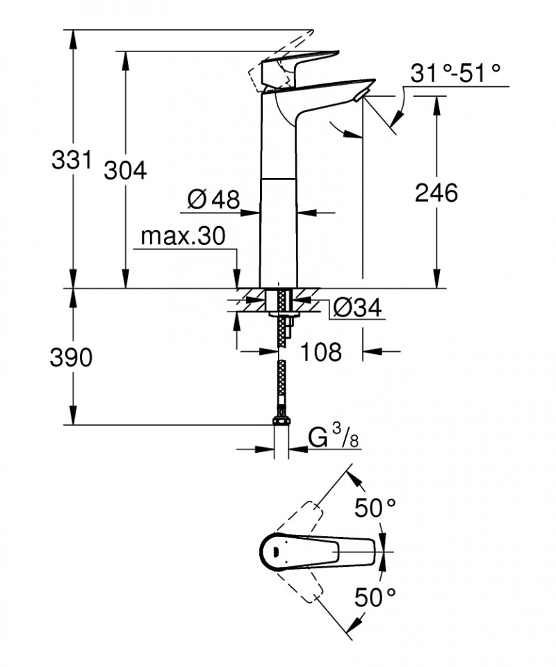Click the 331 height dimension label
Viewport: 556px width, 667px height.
(72, 161)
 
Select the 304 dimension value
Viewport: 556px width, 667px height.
(125, 170)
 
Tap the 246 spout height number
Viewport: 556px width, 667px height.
(436, 193)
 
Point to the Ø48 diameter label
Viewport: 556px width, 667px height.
(213, 200)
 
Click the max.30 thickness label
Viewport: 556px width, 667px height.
(183, 237)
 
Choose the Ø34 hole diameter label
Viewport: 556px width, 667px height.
(357, 307)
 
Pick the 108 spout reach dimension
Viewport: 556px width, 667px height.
(321, 352)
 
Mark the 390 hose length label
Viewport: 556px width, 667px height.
(72, 357)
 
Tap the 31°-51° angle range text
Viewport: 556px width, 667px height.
(456, 72)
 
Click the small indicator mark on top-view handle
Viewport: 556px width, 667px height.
(277, 554)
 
